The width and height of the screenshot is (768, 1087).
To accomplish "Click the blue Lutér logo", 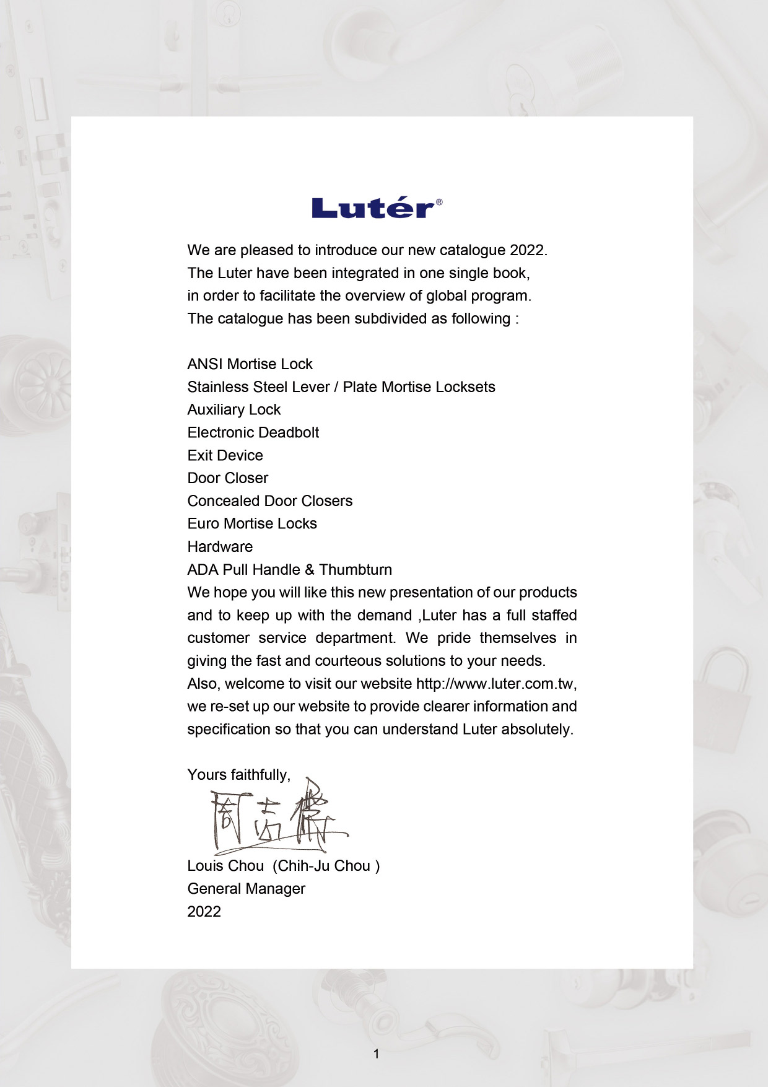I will (373, 208).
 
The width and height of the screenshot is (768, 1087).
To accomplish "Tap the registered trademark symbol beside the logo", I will (439, 202).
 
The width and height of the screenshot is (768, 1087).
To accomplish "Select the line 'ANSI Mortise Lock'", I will (250, 364).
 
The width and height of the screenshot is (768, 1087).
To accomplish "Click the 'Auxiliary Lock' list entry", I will (233, 410).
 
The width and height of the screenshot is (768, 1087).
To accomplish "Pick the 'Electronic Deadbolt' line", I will (253, 433).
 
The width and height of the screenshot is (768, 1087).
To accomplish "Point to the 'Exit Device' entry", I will (225, 456).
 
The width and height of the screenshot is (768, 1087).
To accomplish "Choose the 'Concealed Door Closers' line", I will (269, 501).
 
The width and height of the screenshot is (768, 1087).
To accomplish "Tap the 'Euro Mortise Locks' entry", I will (252, 524).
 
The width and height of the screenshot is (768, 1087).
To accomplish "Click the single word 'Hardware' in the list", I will (220, 547).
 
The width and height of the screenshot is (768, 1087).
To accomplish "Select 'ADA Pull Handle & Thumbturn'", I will (289, 570).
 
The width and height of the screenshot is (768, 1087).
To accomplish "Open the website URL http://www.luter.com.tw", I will (495, 684).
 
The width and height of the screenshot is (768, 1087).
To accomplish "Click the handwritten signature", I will (276, 818).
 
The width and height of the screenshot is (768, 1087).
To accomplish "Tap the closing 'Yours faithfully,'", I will (238, 775).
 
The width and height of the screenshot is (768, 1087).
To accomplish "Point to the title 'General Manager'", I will (246, 889).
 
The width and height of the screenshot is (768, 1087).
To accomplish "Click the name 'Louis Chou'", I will (225, 866).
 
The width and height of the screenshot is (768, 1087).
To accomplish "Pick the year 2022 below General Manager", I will (204, 912).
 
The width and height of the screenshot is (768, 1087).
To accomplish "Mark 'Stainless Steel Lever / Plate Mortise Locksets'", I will (341, 387).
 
